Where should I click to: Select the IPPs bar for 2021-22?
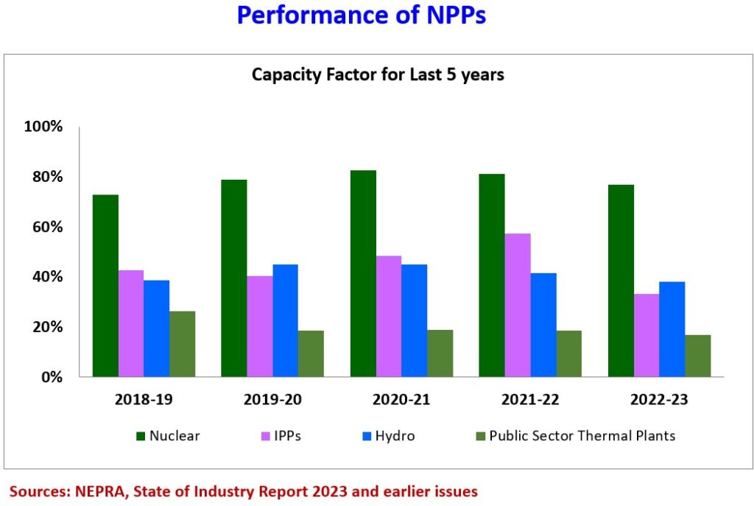[x=518, y=305]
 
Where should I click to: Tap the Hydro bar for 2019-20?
[x=286, y=320]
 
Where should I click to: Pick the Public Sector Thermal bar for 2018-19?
[x=183, y=344]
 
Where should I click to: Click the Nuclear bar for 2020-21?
[x=363, y=273]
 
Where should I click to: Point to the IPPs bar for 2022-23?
[x=646, y=335]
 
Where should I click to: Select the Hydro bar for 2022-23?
[x=672, y=329]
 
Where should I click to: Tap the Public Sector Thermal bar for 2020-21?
[x=440, y=354]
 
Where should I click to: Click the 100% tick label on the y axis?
[x=43, y=127]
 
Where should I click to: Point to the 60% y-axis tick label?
[x=47, y=227]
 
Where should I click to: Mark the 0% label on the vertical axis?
[x=51, y=377]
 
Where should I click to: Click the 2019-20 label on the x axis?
[x=272, y=400]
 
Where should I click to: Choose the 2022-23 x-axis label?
[x=659, y=400]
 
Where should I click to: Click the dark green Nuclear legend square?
[x=140, y=436]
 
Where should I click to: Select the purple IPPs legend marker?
[x=264, y=436]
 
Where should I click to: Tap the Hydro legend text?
[x=395, y=436]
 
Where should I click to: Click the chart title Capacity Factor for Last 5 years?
[x=378, y=74]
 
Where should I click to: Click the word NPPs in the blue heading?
[x=448, y=15]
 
